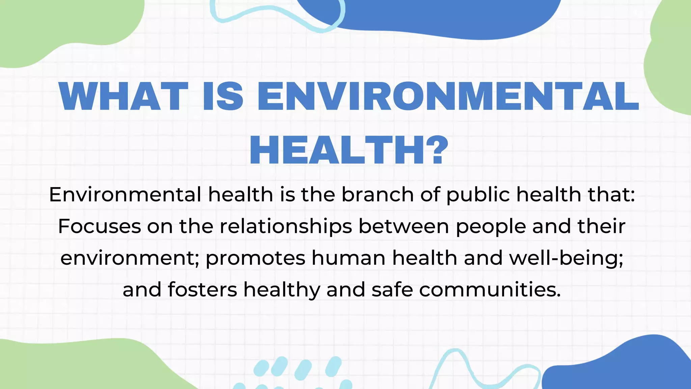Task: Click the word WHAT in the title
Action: click(x=123, y=97)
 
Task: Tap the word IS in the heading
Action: click(x=223, y=97)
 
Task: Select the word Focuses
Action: click(x=100, y=226)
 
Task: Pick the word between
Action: click(x=404, y=226)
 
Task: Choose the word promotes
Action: click(x=255, y=259)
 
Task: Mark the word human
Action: click(x=349, y=258)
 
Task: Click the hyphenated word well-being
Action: click(x=566, y=259)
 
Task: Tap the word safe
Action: click(x=392, y=290)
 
